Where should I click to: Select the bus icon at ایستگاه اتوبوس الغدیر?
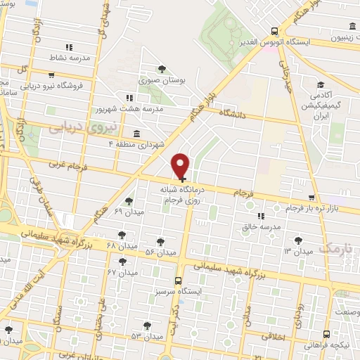point(274,31)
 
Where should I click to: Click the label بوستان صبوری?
point(162,82)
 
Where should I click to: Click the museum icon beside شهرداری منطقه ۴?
point(136,133)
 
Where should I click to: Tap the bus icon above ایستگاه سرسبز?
point(178,279)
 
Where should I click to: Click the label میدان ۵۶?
point(160,252)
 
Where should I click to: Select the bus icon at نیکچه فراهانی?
point(326,335)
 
